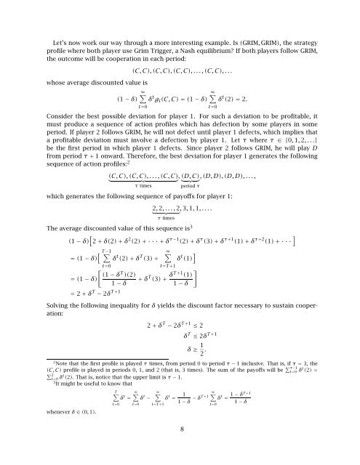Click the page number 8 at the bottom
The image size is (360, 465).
(180, 450)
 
